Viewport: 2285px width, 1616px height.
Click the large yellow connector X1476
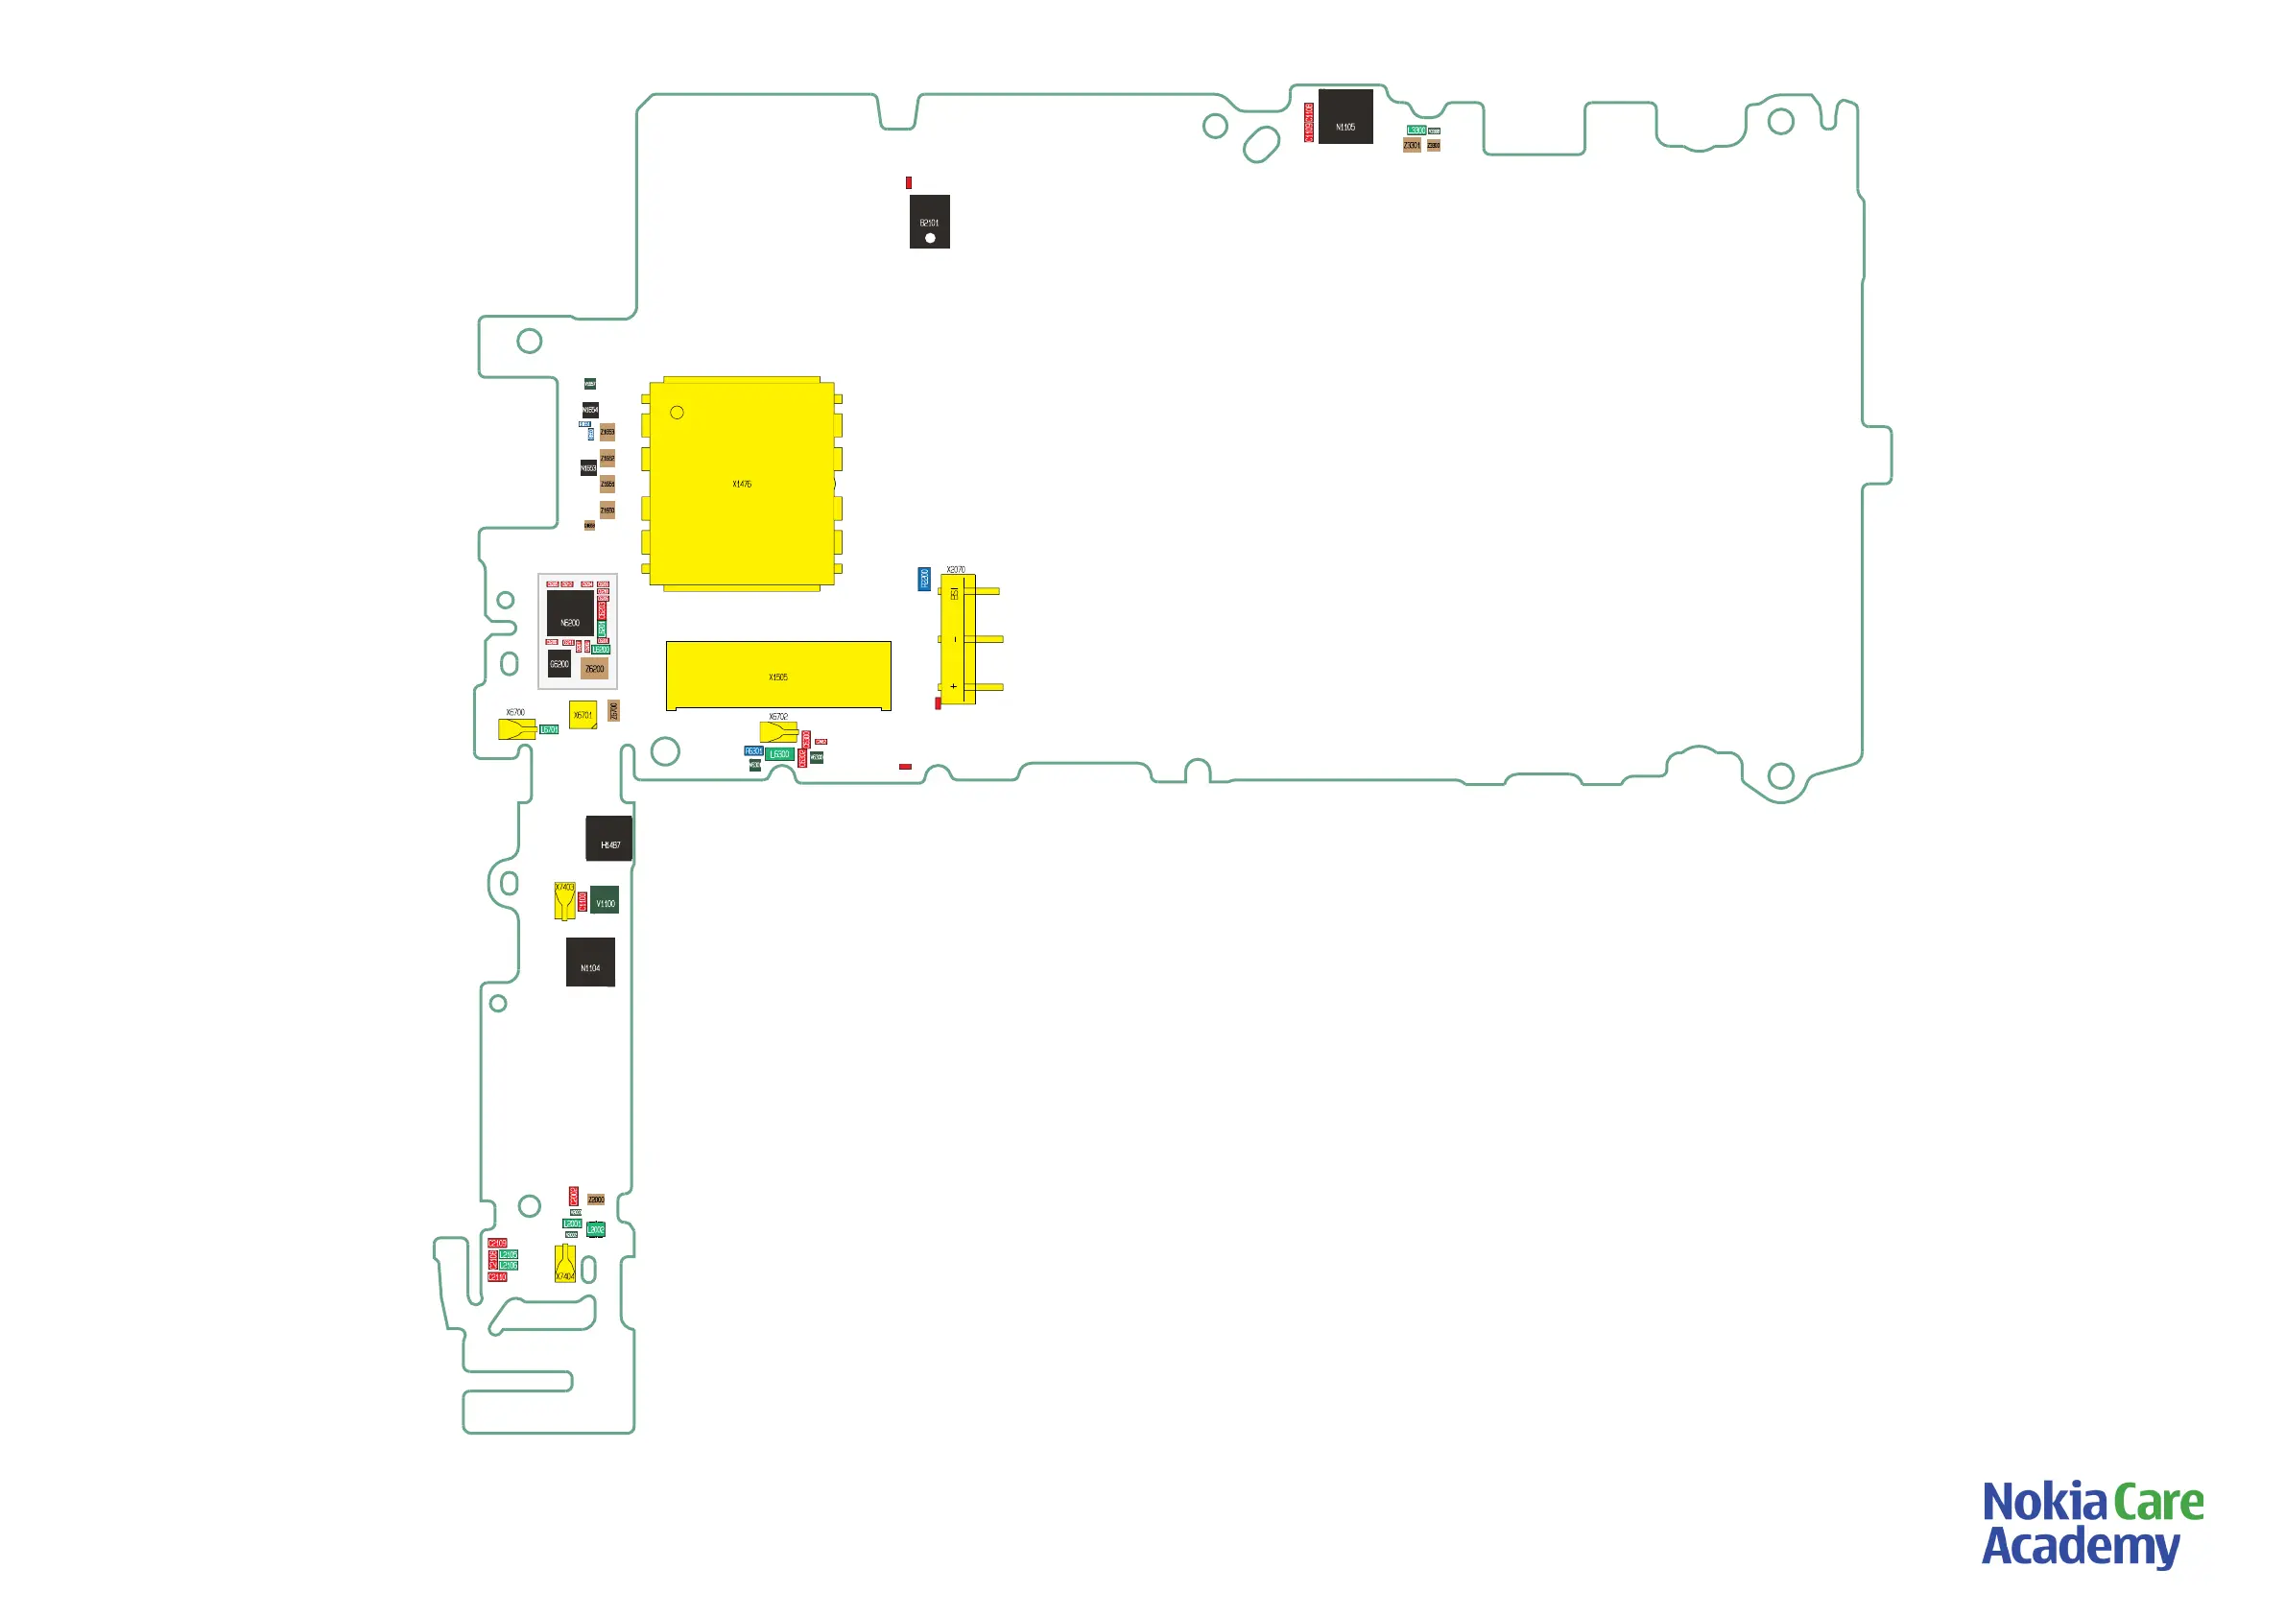click(742, 484)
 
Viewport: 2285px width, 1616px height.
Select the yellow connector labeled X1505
click(777, 676)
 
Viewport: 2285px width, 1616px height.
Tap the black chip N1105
click(1345, 116)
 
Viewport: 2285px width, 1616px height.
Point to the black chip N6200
click(569, 614)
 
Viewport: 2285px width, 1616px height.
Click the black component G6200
click(559, 664)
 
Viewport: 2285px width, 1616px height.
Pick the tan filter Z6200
click(594, 669)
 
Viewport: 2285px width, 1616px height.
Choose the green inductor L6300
click(779, 754)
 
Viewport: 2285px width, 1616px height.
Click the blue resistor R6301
click(753, 751)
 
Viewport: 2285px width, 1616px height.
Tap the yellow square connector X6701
click(583, 715)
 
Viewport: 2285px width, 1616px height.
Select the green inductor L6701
click(548, 729)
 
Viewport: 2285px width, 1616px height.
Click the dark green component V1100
click(604, 901)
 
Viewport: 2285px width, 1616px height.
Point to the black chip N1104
click(590, 962)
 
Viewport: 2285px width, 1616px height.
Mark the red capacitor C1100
click(583, 901)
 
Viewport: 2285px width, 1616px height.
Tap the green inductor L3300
click(1416, 131)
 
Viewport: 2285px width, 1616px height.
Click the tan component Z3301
click(1411, 145)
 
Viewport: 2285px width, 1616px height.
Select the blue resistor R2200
click(923, 580)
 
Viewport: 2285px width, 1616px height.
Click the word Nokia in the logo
click(2044, 1504)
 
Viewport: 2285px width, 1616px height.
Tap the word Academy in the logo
click(2080, 1547)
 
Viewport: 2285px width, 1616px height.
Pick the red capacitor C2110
click(498, 1276)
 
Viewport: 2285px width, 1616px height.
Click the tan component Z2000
click(595, 1200)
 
